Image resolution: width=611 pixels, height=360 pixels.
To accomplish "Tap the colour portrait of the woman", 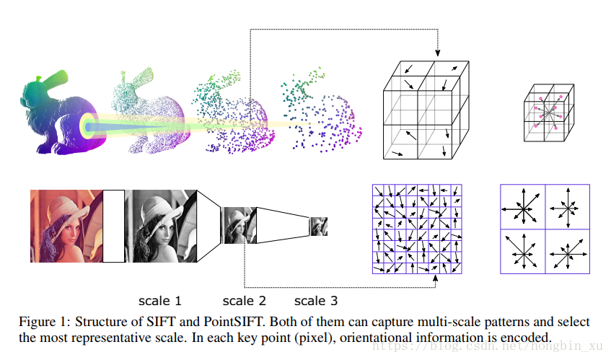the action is point(66,225).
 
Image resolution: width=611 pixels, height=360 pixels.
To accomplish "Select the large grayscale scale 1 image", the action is point(160,225).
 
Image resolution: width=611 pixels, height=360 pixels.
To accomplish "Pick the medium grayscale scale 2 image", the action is point(236,225).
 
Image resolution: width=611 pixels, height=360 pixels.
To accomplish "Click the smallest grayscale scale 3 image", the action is point(318,227).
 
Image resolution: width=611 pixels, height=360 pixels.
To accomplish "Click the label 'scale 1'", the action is point(160,300).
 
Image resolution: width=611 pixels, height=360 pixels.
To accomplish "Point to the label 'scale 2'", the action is point(244,300).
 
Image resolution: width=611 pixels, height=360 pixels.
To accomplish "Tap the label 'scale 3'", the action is point(316,300).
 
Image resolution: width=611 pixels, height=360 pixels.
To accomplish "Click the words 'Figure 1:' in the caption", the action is point(45,322).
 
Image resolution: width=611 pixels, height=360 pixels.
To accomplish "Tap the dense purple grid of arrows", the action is point(416,229).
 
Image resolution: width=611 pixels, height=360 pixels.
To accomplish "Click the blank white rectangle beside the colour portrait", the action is point(114,225).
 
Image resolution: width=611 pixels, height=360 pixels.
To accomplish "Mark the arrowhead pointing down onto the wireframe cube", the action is point(437,53).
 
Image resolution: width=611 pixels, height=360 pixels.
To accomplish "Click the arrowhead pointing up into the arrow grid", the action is point(437,278).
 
